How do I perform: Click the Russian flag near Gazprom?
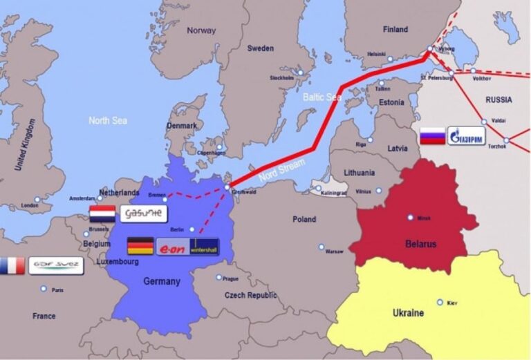pos(433,136)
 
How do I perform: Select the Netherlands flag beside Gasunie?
pos(102,214)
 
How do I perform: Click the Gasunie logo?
pos(144,214)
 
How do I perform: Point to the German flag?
pos(140,246)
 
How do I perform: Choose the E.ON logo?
pos(172,247)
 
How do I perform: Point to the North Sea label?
pos(108,120)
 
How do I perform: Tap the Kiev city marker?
pos(440,302)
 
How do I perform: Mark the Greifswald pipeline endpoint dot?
pos(227,187)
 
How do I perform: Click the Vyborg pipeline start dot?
pos(430,49)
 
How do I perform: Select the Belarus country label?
pos(421,244)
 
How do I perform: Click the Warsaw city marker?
pos(322,247)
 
